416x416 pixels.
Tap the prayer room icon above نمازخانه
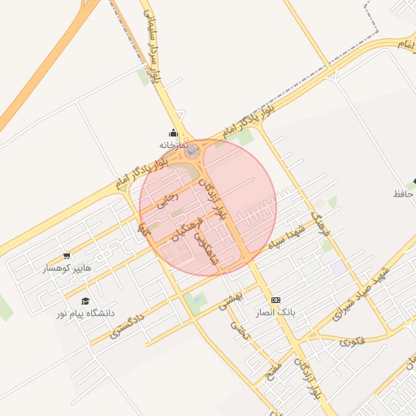[x=172, y=133]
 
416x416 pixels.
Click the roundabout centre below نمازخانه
[x=192, y=150]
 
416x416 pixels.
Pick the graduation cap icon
[x=84, y=301]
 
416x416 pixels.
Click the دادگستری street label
[x=128, y=324]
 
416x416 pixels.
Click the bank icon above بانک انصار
[x=275, y=300]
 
